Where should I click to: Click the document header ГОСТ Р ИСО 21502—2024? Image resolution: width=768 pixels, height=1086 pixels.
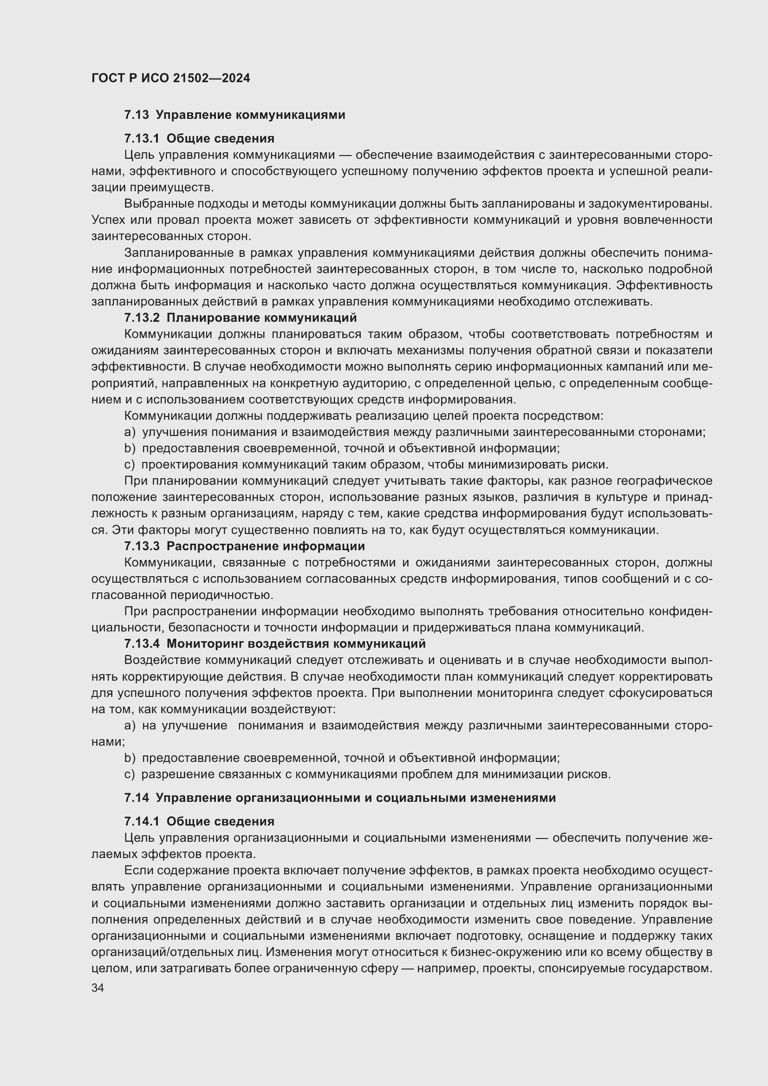(x=171, y=78)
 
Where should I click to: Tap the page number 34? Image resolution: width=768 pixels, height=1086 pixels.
(x=98, y=988)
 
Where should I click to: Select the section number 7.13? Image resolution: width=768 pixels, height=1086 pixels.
(x=136, y=115)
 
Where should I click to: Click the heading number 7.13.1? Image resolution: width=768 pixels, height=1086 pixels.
(x=142, y=138)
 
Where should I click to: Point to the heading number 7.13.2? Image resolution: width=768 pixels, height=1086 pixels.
(x=142, y=318)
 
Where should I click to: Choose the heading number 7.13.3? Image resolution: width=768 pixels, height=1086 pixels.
(x=142, y=546)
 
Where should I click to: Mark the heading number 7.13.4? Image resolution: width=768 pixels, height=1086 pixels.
(x=142, y=644)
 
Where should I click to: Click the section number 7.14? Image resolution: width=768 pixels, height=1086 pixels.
(x=136, y=798)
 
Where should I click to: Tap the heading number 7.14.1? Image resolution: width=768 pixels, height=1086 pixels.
(x=142, y=822)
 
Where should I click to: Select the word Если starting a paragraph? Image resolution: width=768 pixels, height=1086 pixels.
(x=137, y=870)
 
